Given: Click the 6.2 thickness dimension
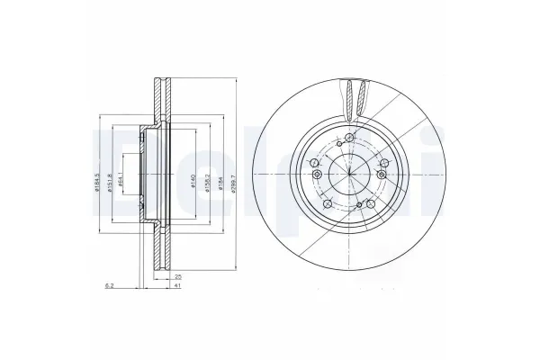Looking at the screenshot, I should (109, 284).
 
